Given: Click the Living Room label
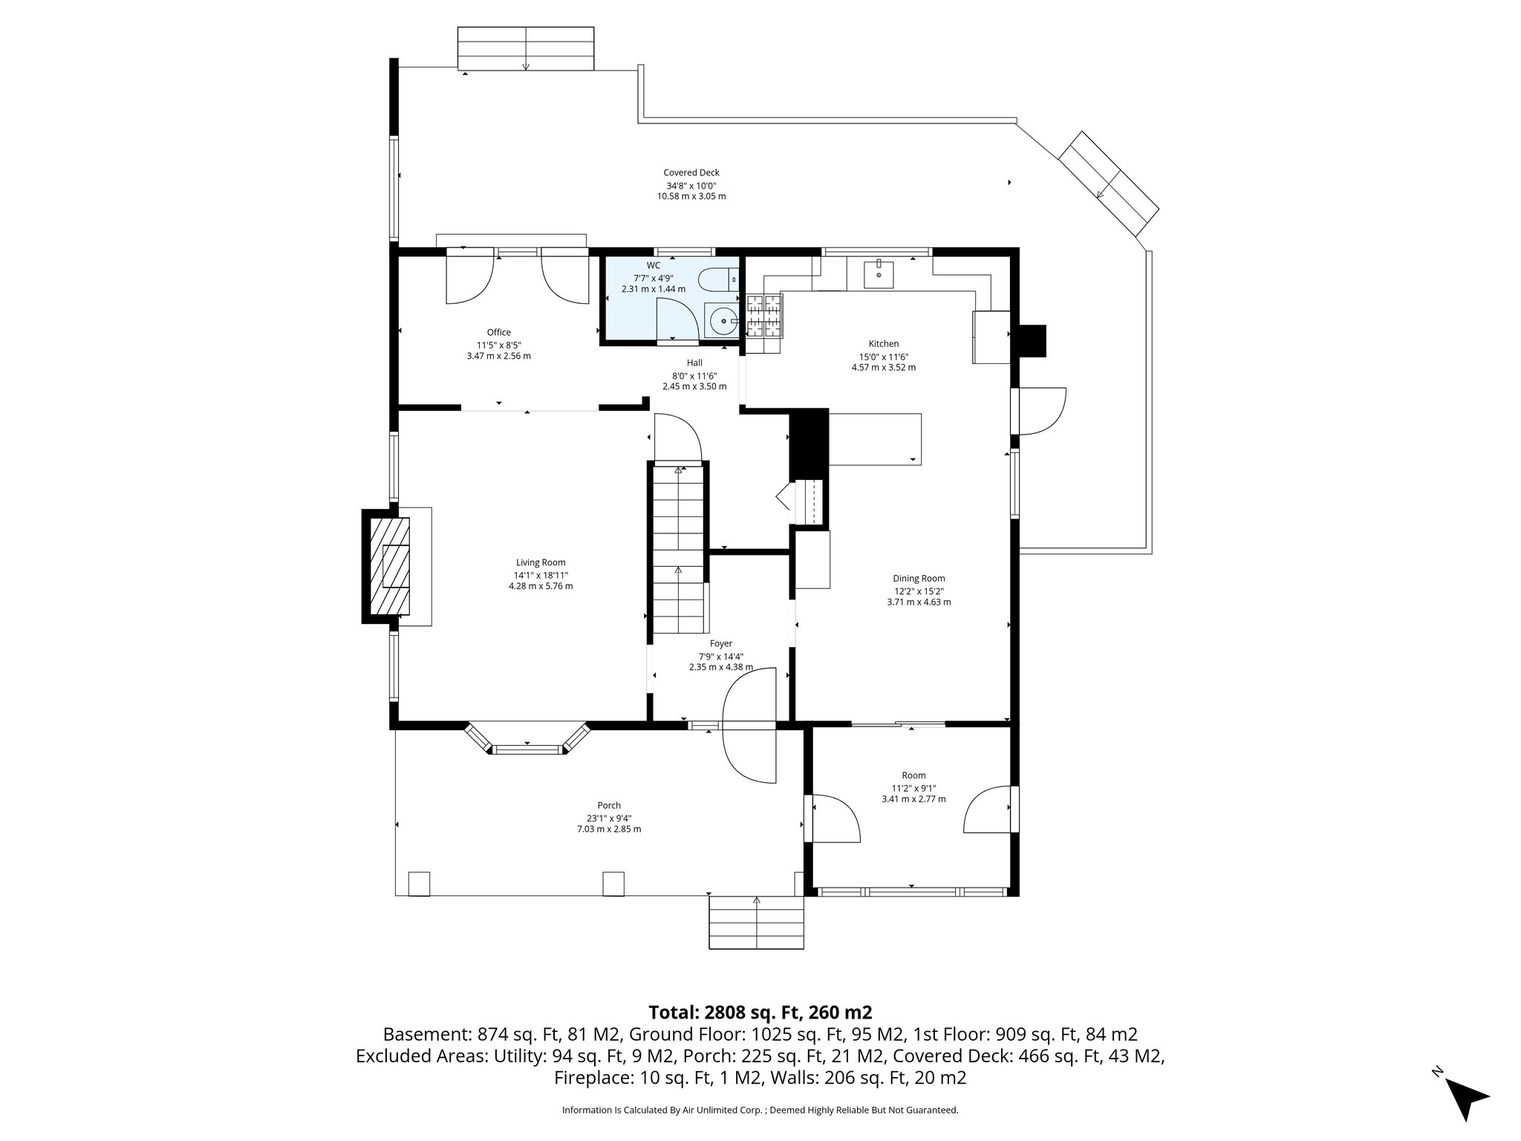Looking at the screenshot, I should (541, 562).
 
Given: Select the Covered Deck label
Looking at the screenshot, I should (691, 172).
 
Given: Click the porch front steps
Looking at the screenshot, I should (756, 922).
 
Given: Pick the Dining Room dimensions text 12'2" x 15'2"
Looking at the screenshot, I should (919, 591).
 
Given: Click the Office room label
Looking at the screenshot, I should (498, 332).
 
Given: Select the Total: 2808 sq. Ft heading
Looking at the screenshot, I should (760, 1012).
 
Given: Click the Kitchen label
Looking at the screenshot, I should (883, 343).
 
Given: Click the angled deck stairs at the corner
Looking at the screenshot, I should (1108, 185).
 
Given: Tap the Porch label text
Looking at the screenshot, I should (608, 805).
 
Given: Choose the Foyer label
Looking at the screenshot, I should (720, 643).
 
